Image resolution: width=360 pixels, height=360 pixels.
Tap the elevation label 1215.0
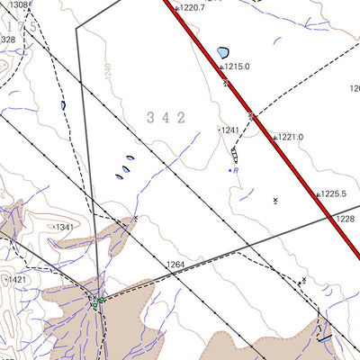pos(237,67)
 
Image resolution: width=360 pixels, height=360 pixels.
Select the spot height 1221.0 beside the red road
pos(290,138)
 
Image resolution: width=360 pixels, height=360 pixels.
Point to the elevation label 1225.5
pos(333,193)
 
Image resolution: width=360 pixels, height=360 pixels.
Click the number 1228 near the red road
pos(346,219)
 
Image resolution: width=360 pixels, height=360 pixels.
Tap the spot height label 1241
pos(229,130)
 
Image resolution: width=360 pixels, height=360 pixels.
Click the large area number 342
pos(166,117)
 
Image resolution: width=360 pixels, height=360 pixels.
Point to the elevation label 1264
pos(175,265)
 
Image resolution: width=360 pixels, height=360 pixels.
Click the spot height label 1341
pos(64,228)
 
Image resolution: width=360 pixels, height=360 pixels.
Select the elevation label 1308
pos(18,4)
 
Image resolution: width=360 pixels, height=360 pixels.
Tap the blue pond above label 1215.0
pos(222,52)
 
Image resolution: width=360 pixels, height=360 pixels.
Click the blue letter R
pos(237,170)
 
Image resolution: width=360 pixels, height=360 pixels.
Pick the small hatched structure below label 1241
pos(235,156)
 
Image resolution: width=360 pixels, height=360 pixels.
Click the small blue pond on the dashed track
pos(63,105)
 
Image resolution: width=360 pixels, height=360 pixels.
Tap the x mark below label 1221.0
pos(275,200)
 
